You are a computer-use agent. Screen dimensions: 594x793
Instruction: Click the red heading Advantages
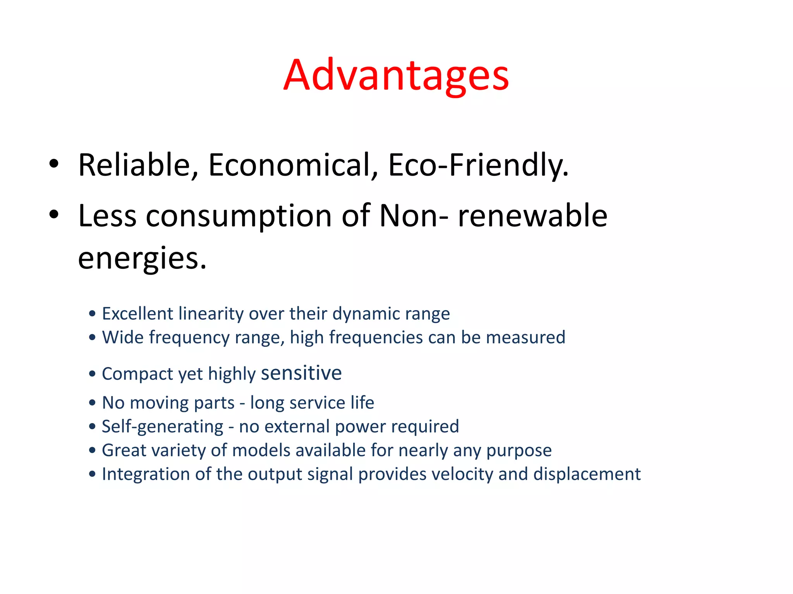[396, 75]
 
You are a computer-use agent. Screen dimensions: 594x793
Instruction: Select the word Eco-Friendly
[478, 165]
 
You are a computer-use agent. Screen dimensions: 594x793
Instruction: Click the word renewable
[532, 215]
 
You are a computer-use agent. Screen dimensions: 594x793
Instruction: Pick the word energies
[142, 259]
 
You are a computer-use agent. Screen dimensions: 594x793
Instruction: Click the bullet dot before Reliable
[54, 163]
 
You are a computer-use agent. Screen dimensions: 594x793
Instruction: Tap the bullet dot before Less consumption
[54, 214]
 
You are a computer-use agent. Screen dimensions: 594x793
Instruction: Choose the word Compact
[137, 374]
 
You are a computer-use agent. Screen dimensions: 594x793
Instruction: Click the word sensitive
[301, 373]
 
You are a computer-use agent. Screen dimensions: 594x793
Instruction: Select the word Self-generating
[163, 427]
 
